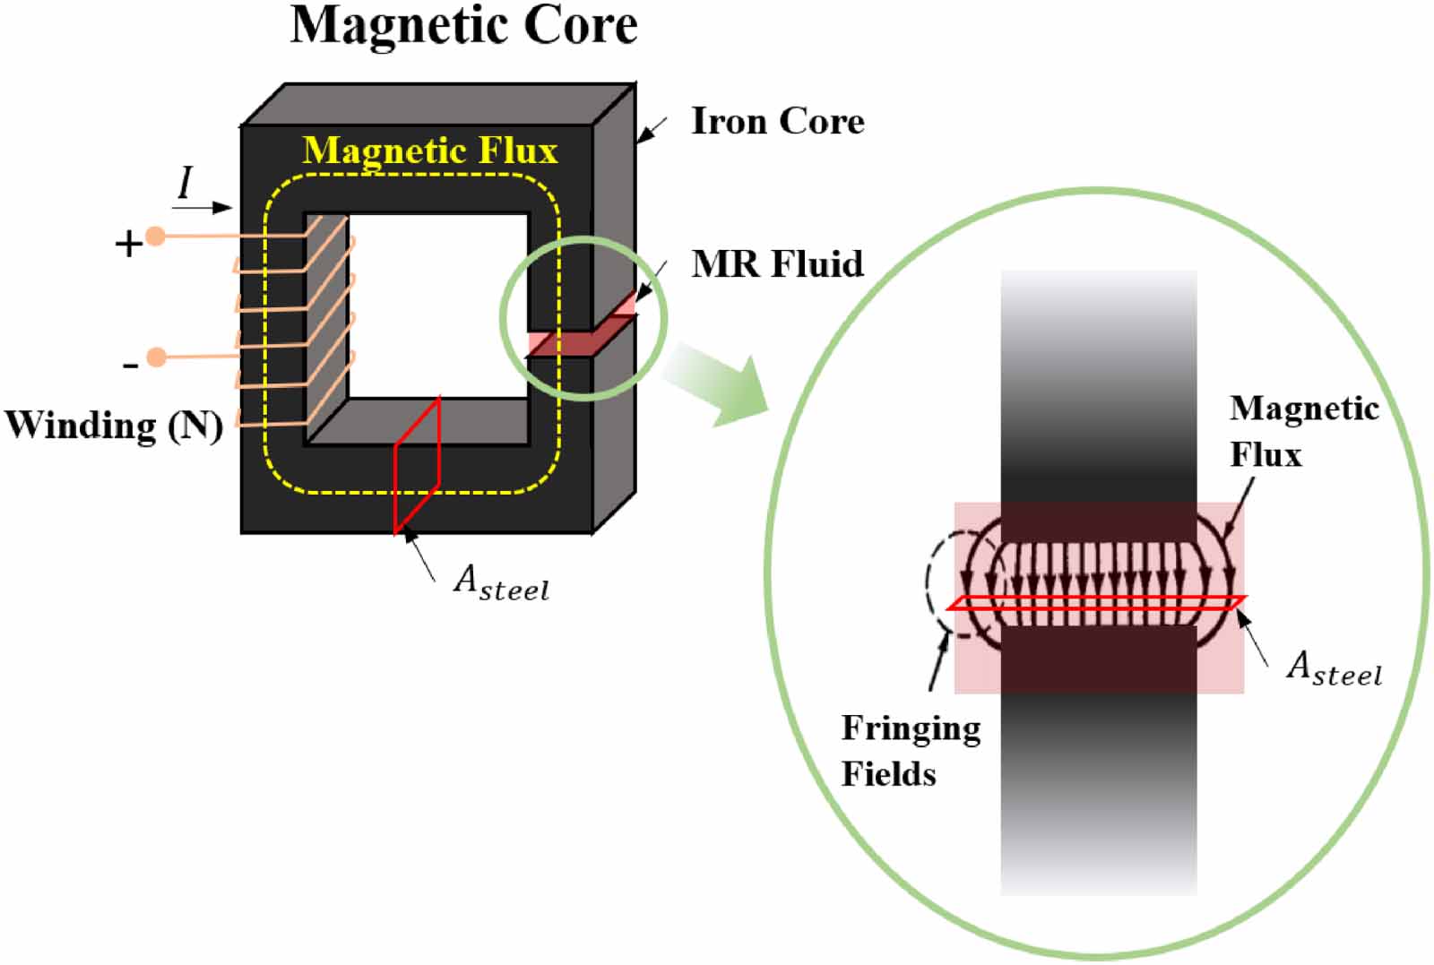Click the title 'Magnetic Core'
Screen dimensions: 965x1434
tap(463, 25)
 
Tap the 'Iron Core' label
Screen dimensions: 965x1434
tap(777, 122)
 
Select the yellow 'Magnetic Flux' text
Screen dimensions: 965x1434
tap(430, 151)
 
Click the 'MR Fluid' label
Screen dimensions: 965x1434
tap(777, 264)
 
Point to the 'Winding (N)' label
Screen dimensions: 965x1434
tap(114, 425)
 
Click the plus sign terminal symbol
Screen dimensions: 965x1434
tap(128, 244)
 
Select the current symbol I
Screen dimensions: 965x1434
tap(186, 183)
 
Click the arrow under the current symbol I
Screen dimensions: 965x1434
tap(202, 208)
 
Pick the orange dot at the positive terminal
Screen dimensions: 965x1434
tap(156, 237)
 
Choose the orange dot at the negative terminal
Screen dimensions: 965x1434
tap(156, 358)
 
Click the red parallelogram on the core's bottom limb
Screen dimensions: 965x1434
tap(417, 466)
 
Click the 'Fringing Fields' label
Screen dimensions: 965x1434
tap(910, 751)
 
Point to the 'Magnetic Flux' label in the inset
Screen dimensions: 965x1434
tap(1302, 431)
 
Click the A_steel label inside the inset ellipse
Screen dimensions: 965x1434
tap(1334, 668)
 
